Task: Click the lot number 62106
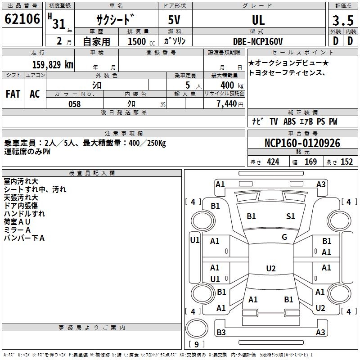point(22,19)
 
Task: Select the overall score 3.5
point(343,20)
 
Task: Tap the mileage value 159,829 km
point(53,65)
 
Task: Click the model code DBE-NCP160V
point(258,41)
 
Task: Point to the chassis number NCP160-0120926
point(302,143)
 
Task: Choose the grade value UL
point(258,20)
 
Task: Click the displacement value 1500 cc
point(141,41)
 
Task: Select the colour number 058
point(75,104)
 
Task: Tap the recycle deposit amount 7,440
point(230,104)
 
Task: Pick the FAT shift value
point(13,94)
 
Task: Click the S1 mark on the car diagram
point(290,216)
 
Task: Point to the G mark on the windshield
point(284,237)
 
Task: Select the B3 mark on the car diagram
point(221,332)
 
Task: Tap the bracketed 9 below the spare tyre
point(196,344)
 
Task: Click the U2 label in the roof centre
point(271,268)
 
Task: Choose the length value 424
point(273,162)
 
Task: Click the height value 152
point(346,162)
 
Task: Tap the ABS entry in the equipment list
point(289,121)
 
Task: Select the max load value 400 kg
point(232,85)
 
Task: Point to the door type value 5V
point(174,20)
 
